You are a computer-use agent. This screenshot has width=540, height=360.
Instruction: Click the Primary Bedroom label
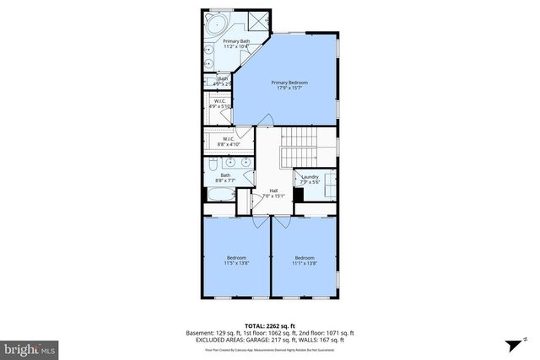(289, 85)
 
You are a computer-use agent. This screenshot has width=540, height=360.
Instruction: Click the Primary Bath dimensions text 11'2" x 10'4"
(235, 46)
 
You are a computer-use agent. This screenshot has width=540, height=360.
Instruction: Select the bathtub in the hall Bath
(221, 196)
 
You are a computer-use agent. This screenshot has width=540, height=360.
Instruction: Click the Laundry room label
(310, 179)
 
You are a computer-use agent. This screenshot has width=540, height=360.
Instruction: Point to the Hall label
(274, 194)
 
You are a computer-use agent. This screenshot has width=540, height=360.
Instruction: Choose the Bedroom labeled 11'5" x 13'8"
(236, 261)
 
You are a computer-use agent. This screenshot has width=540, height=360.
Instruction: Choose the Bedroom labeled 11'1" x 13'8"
(304, 261)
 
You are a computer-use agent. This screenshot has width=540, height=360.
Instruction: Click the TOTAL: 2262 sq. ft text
(270, 325)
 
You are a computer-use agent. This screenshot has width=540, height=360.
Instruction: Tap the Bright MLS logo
(30, 347)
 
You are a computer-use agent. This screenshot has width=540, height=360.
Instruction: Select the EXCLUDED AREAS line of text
(270, 340)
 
